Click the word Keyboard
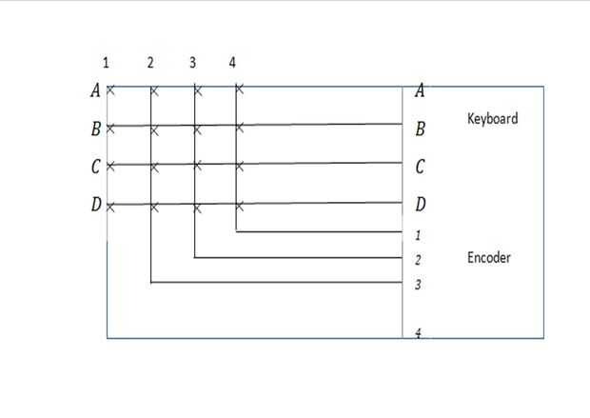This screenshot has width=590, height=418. [492, 119]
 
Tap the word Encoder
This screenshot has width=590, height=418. [489, 257]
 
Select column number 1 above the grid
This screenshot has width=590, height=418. [106, 63]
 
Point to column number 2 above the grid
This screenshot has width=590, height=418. [150, 63]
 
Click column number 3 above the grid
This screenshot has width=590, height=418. [192, 63]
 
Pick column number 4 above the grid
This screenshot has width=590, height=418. [232, 63]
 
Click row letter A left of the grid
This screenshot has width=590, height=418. [94, 91]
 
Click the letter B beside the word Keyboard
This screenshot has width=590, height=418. [420, 129]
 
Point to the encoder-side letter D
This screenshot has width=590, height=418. [420, 205]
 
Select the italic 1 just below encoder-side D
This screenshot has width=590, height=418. [419, 234]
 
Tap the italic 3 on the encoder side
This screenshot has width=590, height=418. [419, 285]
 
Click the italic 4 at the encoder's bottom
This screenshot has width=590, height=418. [419, 334]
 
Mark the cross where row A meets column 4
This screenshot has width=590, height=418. [239, 91]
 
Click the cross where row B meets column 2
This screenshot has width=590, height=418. [154, 129]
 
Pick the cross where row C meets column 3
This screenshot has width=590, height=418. [197, 167]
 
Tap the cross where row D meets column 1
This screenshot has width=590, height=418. [110, 206]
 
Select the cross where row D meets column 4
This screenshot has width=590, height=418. [239, 206]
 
